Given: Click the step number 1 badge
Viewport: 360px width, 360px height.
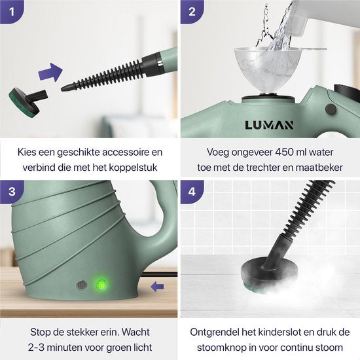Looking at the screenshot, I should pyautogui.click(x=11, y=11).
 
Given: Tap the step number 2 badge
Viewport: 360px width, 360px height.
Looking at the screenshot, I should pyautogui.click(x=191, y=11).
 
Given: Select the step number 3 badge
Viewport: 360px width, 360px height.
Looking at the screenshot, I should pyautogui.click(x=11, y=190).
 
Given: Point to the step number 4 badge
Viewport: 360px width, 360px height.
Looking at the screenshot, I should pyautogui.click(x=191, y=190).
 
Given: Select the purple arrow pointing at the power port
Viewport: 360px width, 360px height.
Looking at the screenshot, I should pyautogui.click(x=155, y=285).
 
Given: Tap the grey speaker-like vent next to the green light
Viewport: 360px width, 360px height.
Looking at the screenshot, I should pyautogui.click(x=81, y=286).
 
